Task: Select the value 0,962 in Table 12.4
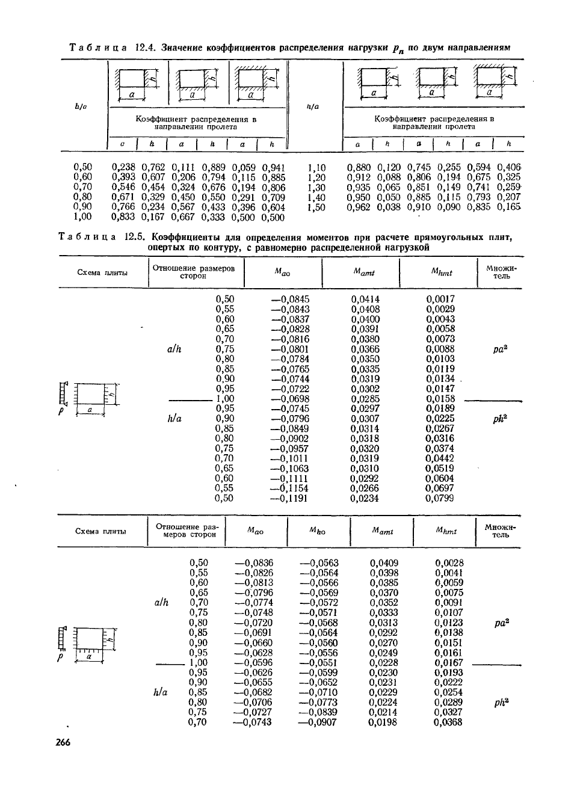click(x=360, y=208)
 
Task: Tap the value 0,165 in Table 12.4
click(x=510, y=208)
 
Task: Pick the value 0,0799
click(x=440, y=498)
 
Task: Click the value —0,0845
click(x=290, y=299)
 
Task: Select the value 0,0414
click(x=365, y=299)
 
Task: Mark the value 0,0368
click(x=449, y=722)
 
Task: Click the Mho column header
click(x=317, y=531)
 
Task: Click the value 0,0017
click(x=440, y=299)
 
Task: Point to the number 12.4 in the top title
click(x=146, y=48)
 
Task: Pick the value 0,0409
click(x=384, y=563)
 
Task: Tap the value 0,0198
click(x=384, y=722)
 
